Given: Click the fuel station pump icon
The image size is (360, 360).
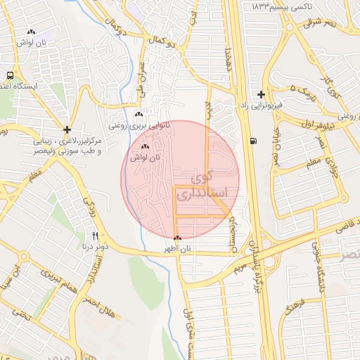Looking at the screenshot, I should point(253,141).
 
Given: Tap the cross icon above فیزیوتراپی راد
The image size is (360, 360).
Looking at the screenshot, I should point(261,94).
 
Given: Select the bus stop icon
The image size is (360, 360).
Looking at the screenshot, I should point(11,75).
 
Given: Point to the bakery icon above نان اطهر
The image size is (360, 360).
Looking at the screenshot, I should point(177,238).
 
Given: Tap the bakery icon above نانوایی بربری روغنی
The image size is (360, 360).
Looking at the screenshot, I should point(138,114).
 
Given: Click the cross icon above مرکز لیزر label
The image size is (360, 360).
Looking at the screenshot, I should point(67,129).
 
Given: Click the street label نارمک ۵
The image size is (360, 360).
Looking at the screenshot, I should point(303,91).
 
